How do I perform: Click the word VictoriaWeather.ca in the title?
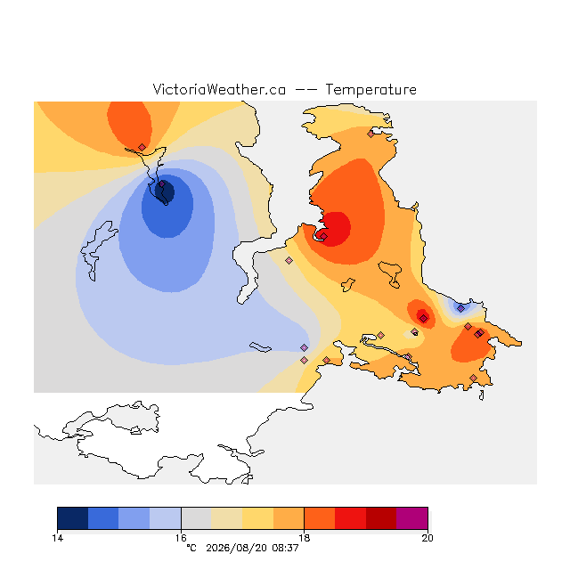point(219,90)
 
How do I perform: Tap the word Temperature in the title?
point(370,90)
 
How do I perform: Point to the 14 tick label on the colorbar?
point(57,538)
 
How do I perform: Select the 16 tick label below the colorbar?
point(181,538)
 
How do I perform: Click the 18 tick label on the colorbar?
point(304,538)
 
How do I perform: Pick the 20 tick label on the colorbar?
point(427,538)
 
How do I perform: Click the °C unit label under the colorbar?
point(191,548)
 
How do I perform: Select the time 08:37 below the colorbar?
point(285,548)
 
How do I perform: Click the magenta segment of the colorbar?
point(411,518)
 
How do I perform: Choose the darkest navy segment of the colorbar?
point(73,518)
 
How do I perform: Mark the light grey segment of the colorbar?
point(196,518)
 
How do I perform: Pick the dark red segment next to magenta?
point(381,518)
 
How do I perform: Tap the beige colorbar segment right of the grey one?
point(227,518)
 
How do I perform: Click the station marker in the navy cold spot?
point(162,184)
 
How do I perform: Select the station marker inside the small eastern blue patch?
point(461,309)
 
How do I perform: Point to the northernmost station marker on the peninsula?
point(370,134)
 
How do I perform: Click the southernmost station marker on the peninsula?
point(473,378)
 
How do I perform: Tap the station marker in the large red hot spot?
point(323,236)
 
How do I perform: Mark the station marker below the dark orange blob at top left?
point(142,147)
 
